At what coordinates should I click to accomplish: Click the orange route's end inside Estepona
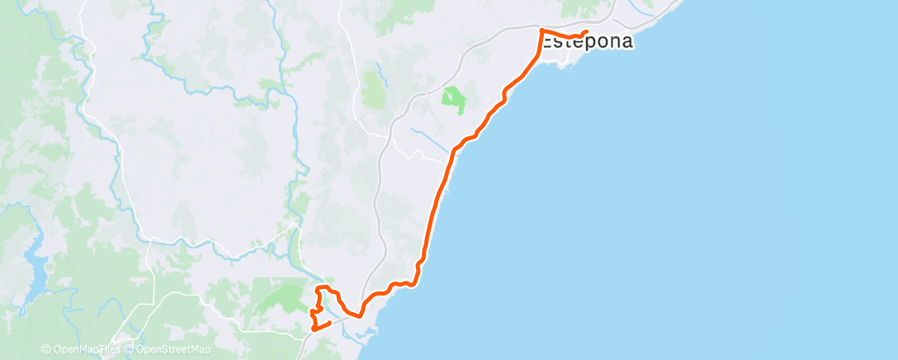point(585,33)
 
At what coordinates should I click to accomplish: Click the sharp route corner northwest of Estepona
point(541,31)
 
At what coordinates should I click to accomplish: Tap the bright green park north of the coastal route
point(452,100)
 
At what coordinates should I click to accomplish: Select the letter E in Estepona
point(549,42)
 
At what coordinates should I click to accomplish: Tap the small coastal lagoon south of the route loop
point(363,334)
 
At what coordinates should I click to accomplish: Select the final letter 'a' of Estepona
point(626,42)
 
